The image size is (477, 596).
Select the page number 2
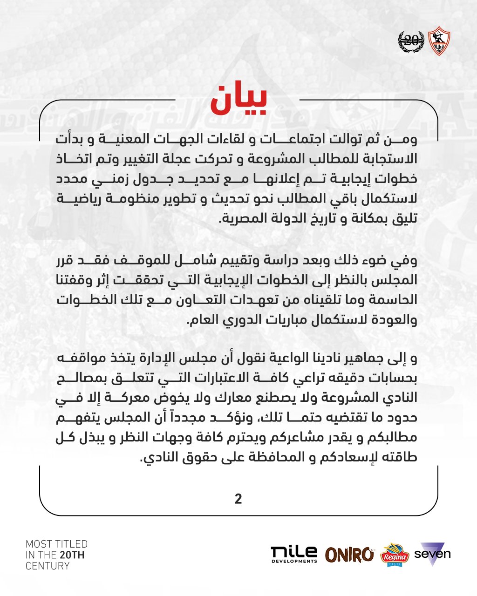[x=238, y=499]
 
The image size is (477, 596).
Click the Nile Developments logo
[x=294, y=555]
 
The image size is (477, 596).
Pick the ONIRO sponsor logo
[x=349, y=554]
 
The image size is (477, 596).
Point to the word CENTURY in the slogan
[x=48, y=566]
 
